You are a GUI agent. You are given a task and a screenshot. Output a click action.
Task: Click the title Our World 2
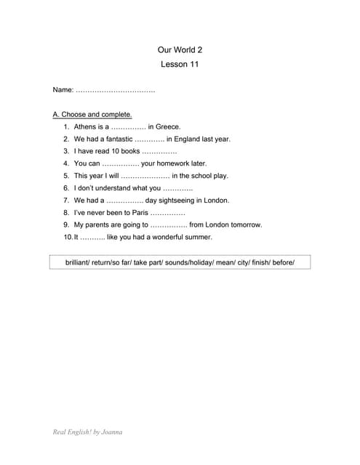[180, 50]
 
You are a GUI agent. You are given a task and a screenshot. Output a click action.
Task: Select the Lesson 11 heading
[180, 65]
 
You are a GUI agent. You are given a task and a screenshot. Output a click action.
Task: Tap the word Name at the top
[63, 90]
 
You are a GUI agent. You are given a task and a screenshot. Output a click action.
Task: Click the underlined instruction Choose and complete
[92, 114]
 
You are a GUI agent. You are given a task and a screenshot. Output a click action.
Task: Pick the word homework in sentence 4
[171, 163]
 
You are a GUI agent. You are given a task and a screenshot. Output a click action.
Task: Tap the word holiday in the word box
[199, 262]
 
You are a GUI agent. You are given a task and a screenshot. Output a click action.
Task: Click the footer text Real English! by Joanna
[87, 432]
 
